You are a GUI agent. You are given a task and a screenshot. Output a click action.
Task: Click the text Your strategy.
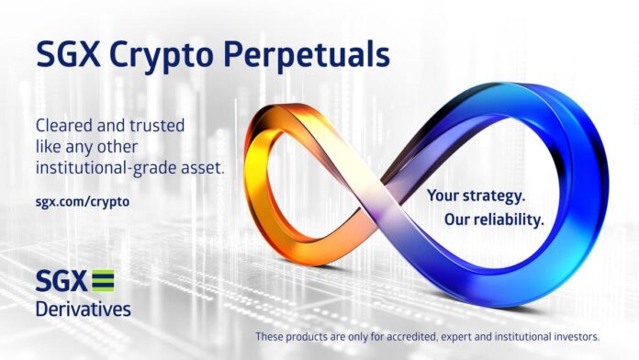click(x=476, y=196)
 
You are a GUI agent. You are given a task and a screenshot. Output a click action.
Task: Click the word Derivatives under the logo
click(x=83, y=308)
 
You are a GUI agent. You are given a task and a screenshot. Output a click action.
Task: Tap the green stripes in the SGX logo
click(x=104, y=280)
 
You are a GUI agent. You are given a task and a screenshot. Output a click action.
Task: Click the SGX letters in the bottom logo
click(x=62, y=280)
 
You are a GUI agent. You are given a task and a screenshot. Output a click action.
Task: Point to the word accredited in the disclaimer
click(x=403, y=337)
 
